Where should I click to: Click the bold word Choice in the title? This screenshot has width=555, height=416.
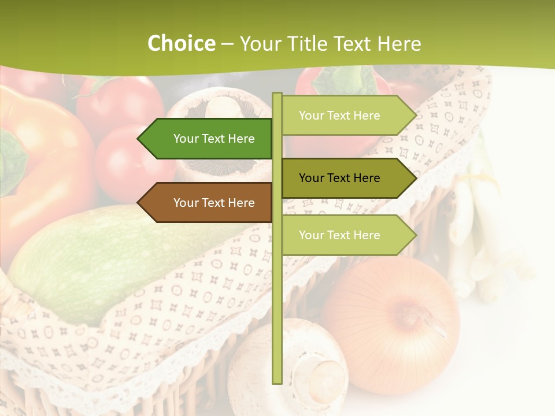coord(181,44)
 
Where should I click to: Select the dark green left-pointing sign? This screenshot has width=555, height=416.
coord(208,139)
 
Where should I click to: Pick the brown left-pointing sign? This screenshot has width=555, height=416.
coord(208,203)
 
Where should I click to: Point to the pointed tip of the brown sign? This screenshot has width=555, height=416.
coord(139,203)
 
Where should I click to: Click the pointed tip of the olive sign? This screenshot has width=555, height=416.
coord(415,178)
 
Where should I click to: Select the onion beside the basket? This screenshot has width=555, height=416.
coord(393,324)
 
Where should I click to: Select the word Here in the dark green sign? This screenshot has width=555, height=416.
coord(241,139)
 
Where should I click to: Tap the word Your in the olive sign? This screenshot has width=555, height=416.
coord(311,178)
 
